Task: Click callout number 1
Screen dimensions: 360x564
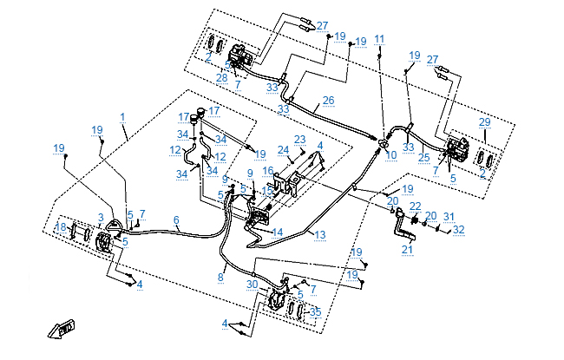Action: [123, 116]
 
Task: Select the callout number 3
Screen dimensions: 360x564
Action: [101, 217]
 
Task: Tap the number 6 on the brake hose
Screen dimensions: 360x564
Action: [176, 220]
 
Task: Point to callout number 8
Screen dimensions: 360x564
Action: [220, 278]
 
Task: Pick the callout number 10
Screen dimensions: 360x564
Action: [391, 155]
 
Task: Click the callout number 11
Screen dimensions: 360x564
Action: [379, 39]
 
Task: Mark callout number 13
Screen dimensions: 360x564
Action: [320, 235]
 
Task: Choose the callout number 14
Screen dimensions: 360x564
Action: [278, 232]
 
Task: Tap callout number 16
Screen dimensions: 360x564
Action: [269, 171]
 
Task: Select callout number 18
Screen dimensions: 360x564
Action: [60, 227]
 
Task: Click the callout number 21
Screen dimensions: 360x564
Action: [407, 250]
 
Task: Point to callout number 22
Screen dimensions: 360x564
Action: [415, 206]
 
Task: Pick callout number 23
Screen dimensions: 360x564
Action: [300, 139]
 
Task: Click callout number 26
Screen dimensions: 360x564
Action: [328, 101]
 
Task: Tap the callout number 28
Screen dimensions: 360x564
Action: [222, 78]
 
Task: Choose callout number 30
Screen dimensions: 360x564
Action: [252, 285]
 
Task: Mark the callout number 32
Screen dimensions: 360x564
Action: [459, 230]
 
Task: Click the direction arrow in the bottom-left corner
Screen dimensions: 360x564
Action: [61, 330]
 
